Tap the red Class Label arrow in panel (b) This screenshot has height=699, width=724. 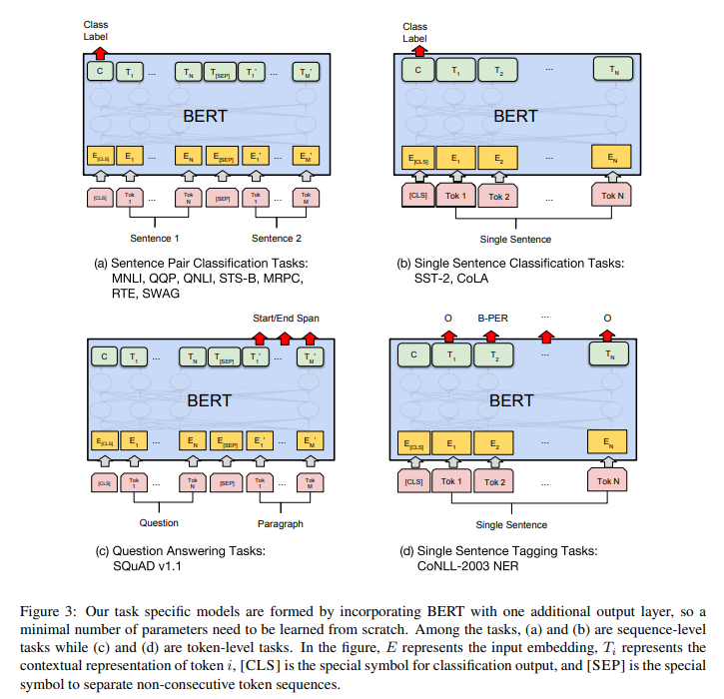416,51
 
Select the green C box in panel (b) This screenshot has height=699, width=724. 416,71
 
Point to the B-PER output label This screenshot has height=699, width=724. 493,321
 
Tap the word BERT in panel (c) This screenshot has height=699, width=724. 206,399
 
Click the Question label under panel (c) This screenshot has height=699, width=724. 158,522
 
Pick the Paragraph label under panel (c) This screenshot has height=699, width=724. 278,522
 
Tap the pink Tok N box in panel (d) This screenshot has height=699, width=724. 609,480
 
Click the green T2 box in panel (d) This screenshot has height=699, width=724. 492,353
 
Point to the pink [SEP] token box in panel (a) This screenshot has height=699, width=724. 223,198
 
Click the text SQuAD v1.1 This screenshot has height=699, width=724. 148,566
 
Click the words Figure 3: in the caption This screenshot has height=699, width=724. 48,610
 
